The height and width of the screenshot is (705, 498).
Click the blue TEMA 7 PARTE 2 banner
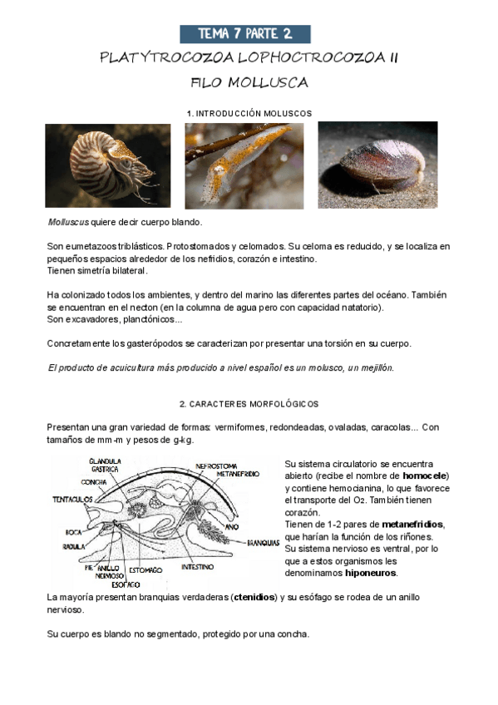pos(245,34)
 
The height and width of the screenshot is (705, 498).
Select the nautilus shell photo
pos(108,165)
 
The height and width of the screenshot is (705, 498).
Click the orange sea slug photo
pos(244,165)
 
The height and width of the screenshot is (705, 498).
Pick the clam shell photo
pos(377,165)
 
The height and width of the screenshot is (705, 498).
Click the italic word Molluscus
pos(68,223)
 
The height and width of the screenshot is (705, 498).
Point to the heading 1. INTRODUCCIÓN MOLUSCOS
pos(249,111)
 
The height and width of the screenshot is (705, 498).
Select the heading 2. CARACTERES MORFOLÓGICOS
pos(249,404)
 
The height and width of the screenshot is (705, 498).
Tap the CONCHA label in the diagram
pos(92,481)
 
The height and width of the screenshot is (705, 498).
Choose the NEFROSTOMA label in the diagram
pos(219,466)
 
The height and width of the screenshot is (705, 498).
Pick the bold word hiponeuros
pos(372,573)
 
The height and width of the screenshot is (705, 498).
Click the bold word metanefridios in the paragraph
pos(412,525)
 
